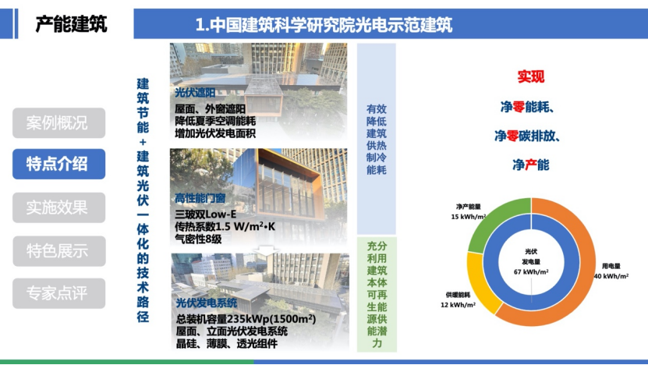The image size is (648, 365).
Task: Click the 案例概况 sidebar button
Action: [x=58, y=122]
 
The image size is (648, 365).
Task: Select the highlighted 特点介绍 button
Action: [x=58, y=164]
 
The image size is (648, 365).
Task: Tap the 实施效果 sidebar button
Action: [x=58, y=207]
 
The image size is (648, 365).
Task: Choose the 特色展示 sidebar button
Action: [x=58, y=251]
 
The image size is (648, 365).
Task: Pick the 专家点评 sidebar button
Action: [x=58, y=293]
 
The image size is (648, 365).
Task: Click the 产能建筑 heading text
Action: [x=71, y=24]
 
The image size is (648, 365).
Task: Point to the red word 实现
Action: [x=531, y=76]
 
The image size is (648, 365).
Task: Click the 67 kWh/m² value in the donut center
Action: [x=531, y=272]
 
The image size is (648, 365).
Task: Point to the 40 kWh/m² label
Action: [x=611, y=276]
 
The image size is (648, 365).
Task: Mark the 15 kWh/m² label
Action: [x=468, y=217]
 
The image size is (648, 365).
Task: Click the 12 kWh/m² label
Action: [x=458, y=305]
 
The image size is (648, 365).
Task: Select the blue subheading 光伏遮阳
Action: [x=195, y=93]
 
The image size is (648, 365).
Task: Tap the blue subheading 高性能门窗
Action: [x=200, y=198]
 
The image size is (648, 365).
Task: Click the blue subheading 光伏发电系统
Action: [x=207, y=303]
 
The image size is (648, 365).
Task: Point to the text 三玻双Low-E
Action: [x=205, y=214]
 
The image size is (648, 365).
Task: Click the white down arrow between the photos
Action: [x=266, y=250]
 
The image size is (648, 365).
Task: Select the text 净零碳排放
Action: [x=527, y=136]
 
